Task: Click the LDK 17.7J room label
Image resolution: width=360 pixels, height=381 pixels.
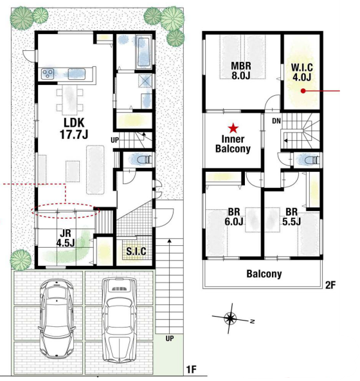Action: point(74,129)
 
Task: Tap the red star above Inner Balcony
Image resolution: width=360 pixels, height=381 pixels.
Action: point(233,128)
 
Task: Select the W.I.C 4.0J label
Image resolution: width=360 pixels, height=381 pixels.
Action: point(301,73)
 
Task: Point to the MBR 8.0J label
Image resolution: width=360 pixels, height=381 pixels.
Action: point(241,71)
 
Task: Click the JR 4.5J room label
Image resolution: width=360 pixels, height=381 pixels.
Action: point(66,238)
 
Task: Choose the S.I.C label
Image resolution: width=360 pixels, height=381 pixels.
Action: point(136,251)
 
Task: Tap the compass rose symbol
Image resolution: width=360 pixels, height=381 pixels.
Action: point(230,318)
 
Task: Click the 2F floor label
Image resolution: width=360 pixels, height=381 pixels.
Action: point(330,284)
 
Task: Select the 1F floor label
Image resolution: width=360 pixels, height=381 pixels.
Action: point(191,369)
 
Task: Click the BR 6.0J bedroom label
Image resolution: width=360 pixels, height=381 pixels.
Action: point(233,216)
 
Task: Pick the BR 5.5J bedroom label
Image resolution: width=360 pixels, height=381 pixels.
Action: point(292,216)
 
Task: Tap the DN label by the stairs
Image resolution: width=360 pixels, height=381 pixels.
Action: point(276,121)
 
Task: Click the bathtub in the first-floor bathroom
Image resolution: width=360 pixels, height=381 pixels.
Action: point(143,52)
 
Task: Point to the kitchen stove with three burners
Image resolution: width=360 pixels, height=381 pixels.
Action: point(48,74)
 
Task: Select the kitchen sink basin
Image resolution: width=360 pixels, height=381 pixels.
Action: point(76,74)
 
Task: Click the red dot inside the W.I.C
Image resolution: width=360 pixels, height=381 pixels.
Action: point(303,91)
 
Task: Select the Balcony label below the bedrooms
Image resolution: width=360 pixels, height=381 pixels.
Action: point(264,274)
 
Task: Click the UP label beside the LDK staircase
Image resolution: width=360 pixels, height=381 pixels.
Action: point(115,140)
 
